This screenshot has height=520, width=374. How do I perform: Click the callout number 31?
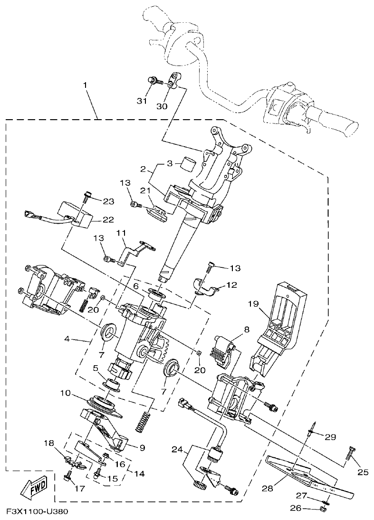pos(141,101)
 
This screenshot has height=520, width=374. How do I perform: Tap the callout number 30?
pos(162,106)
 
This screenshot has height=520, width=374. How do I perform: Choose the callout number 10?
pos(66,393)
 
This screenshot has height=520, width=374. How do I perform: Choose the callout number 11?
pos(122,233)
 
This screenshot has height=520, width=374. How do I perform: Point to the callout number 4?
pos(68,340)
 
